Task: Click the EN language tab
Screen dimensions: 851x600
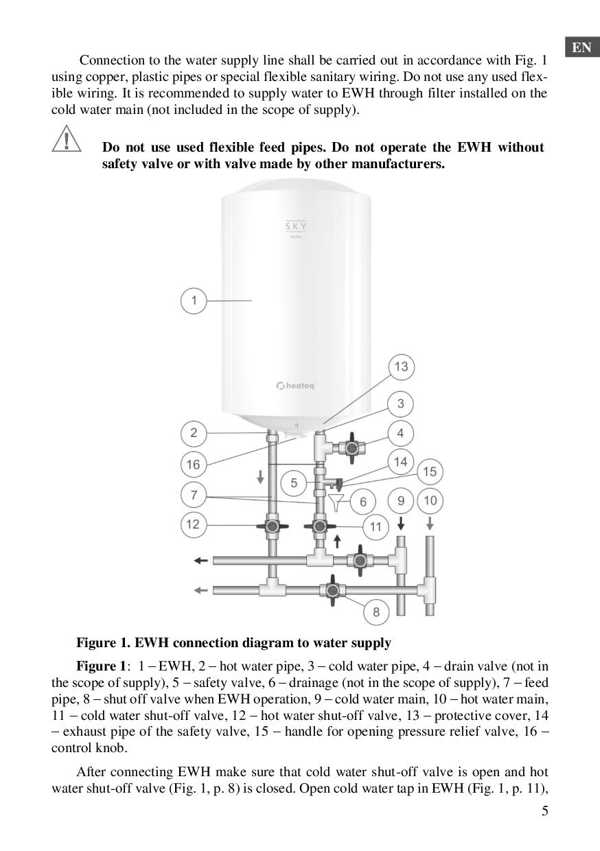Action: (581, 47)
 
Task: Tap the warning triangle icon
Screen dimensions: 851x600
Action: (66, 139)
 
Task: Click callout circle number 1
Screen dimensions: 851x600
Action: (194, 301)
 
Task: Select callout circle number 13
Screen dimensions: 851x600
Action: (401, 366)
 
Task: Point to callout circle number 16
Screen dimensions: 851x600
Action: (194, 465)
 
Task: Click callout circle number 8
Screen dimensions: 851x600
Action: (376, 611)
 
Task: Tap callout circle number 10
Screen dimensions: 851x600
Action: (430, 500)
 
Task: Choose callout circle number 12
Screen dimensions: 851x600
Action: (194, 524)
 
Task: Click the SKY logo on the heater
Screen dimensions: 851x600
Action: (297, 226)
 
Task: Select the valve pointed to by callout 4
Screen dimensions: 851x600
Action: (351, 448)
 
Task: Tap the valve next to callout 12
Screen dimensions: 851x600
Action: (272, 526)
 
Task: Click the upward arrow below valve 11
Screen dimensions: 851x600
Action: (337, 541)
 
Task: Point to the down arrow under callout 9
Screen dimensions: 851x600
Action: (401, 524)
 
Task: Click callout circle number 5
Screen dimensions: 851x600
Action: (294, 482)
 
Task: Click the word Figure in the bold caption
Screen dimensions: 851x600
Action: (95, 643)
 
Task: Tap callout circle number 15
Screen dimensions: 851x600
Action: (430, 471)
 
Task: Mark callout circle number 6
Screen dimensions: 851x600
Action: (363, 502)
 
